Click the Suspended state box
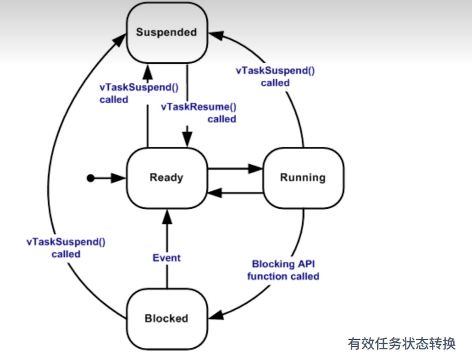[167, 32]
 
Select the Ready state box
[167, 178]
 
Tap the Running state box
[304, 178]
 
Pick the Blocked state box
[167, 319]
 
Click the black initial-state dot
[91, 178]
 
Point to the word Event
[166, 258]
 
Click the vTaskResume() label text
[199, 113]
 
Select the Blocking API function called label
[283, 270]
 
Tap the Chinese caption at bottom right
[402, 344]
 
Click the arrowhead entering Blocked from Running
[215, 315]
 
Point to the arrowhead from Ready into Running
[255, 169]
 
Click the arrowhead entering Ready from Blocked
[167, 216]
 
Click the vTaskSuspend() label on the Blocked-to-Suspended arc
[66, 248]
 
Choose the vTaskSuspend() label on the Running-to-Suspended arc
[276, 76]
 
